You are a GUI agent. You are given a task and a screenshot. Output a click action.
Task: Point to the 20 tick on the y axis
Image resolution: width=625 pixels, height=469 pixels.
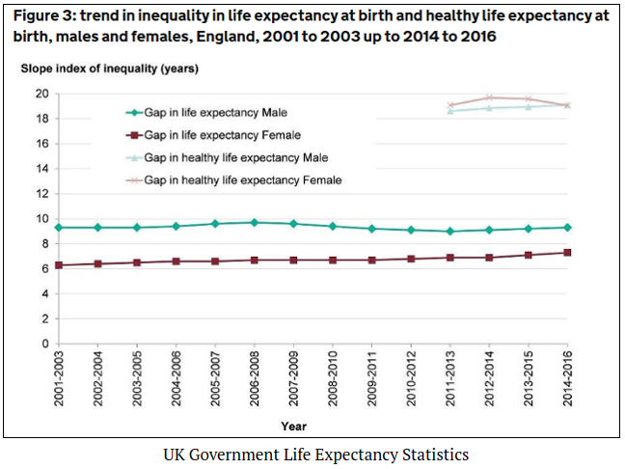[41, 94]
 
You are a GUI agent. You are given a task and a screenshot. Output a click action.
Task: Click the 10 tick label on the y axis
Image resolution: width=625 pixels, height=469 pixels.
[41, 218]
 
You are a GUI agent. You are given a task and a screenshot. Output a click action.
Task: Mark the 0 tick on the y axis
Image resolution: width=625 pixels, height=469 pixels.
[44, 344]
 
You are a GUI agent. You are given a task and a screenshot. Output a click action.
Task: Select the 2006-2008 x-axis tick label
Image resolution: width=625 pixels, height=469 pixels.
[255, 375]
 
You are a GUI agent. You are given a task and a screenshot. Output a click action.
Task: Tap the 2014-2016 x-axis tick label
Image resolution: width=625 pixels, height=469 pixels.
[567, 375]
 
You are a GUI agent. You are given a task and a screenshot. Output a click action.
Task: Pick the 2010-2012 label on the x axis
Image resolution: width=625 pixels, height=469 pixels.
[411, 375]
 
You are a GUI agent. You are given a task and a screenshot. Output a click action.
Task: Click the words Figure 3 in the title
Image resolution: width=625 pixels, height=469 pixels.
[48, 16]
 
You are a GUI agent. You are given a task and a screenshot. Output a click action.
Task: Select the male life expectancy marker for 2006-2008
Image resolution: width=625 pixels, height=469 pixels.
[255, 223]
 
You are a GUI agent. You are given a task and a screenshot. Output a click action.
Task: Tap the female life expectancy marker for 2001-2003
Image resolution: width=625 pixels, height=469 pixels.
[59, 265]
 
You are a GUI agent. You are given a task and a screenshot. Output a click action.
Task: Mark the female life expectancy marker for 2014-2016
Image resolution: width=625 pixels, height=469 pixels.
[567, 253]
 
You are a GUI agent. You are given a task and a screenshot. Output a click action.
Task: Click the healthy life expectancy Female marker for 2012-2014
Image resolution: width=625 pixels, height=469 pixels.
[489, 97]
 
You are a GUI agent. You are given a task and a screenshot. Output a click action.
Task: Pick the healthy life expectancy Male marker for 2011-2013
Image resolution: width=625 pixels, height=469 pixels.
[450, 111]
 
